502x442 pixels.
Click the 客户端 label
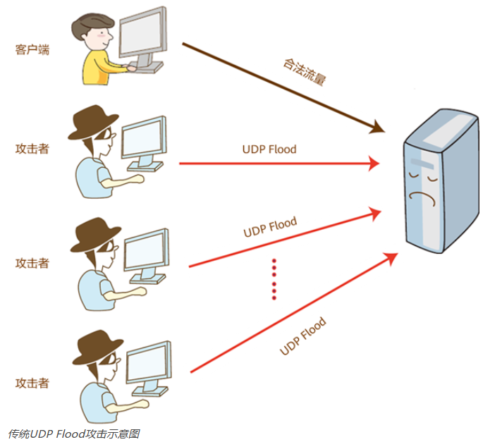[32, 50]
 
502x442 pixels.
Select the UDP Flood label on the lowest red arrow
[303, 337]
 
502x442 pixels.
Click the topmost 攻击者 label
[32, 149]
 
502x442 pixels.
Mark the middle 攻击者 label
[32, 263]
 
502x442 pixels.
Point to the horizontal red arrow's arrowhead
[374, 164]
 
